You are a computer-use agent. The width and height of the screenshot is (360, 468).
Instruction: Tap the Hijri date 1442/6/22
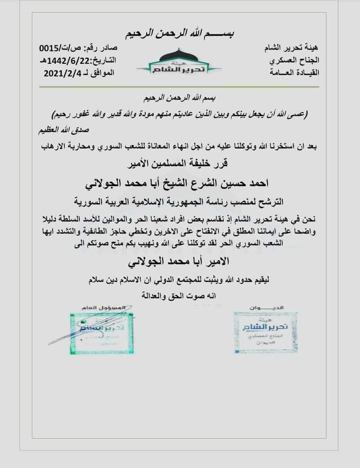pos(68,60)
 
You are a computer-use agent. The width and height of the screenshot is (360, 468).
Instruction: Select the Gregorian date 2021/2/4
pos(60,73)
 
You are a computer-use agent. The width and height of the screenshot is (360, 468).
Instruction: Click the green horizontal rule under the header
pos(179,87)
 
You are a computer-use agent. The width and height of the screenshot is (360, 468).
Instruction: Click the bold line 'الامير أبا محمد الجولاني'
pos(180,262)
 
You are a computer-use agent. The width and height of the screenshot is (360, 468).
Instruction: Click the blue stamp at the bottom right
pos(265,332)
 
